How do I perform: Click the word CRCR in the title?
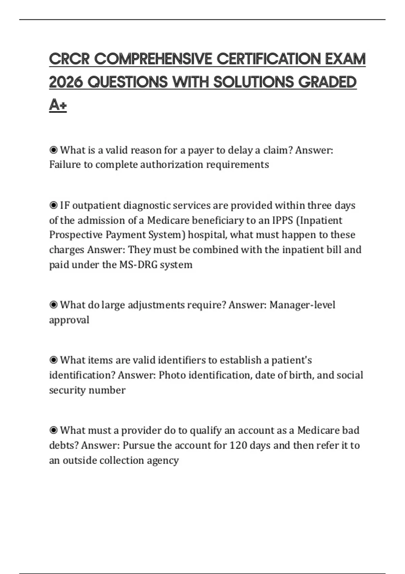69,59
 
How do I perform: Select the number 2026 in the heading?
66,82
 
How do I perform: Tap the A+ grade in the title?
58,105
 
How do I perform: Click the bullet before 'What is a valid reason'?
53,150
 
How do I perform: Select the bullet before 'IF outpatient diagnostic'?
53,205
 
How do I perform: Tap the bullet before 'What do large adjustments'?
53,305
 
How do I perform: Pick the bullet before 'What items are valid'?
53,360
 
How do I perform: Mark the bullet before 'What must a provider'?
53,430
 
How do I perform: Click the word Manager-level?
302,305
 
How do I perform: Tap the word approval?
69,320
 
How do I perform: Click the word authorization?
171,164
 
